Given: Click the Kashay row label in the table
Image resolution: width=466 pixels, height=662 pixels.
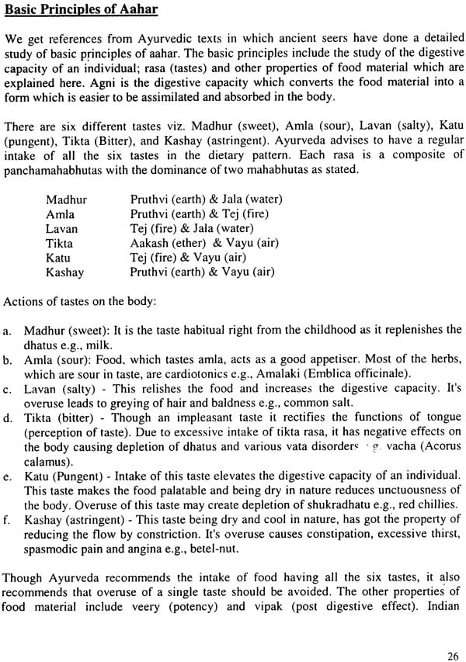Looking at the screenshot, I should (x=64, y=272).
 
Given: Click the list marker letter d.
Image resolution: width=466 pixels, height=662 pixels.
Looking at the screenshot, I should (x=7, y=420).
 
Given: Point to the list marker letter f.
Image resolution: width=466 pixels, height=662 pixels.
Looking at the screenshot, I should (x=7, y=519).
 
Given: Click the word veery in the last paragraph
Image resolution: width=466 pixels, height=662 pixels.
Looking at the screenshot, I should (x=158, y=606).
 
